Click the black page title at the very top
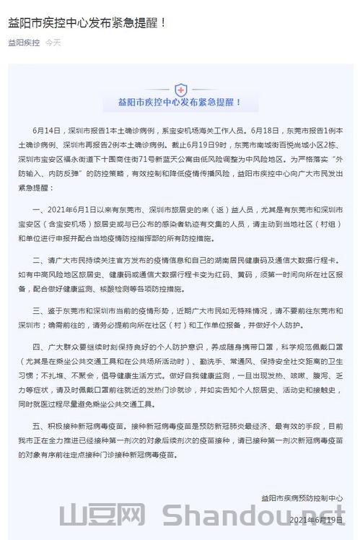[x=87, y=22]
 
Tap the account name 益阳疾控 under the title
[x=24, y=43]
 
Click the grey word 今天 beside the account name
[x=53, y=43]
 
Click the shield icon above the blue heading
[x=180, y=90]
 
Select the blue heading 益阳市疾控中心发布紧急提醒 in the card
[x=180, y=103]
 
